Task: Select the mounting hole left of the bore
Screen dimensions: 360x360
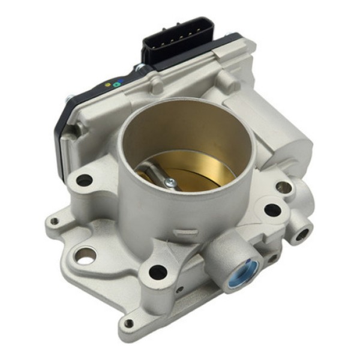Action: point(85,180)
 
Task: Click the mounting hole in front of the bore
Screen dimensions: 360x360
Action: point(158,272)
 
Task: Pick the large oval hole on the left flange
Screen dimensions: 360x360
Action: point(85,259)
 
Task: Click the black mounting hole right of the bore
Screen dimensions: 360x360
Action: point(272,209)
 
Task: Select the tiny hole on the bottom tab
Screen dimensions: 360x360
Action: point(128,324)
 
